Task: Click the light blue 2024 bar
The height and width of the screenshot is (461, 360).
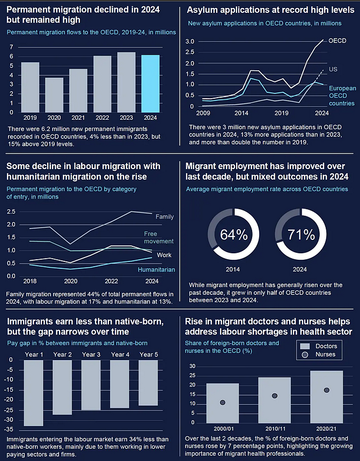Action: (x=150, y=84)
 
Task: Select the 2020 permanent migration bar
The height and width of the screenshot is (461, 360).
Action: (x=54, y=95)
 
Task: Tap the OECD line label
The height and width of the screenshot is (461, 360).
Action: (x=337, y=41)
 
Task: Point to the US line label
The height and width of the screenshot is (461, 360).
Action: (x=333, y=69)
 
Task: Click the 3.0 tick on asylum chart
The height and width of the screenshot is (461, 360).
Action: (x=190, y=41)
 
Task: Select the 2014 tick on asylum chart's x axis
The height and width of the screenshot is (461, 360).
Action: (x=241, y=113)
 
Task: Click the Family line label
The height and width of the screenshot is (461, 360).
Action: (x=165, y=217)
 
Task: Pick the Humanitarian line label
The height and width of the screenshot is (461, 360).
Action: (x=156, y=269)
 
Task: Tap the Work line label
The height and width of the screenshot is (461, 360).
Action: (x=164, y=255)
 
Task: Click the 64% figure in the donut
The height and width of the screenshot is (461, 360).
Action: (x=234, y=235)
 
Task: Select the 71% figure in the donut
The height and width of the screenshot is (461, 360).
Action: (x=301, y=235)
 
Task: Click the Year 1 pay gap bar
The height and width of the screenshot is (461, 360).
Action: (x=33, y=393)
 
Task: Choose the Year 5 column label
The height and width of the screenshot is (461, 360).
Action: (x=149, y=355)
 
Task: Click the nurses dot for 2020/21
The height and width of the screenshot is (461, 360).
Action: (x=327, y=390)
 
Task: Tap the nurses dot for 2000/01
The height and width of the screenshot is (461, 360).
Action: (x=223, y=403)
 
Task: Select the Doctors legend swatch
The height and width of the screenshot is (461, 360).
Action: (x=305, y=346)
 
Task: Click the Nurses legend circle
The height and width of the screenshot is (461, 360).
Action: (x=305, y=355)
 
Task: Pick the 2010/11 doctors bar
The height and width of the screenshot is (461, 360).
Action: (x=275, y=400)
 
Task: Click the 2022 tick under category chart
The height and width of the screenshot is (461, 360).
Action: (x=112, y=281)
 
